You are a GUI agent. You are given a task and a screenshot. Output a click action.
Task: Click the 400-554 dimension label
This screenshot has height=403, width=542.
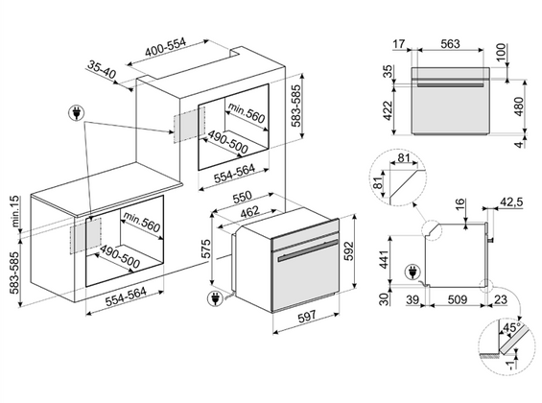pyautogui.click(x=166, y=47)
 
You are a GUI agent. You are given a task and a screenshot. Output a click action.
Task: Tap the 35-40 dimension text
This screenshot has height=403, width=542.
pyautogui.click(x=102, y=69)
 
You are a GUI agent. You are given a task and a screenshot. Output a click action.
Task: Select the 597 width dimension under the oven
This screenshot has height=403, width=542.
pyautogui.click(x=307, y=316)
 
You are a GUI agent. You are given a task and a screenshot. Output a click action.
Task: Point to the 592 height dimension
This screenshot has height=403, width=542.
pyautogui.click(x=349, y=251)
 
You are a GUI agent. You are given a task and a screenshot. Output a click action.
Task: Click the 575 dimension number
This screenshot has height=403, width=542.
pyautogui.click(x=205, y=249)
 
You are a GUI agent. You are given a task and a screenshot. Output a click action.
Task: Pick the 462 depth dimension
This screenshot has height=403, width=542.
pyautogui.click(x=249, y=211)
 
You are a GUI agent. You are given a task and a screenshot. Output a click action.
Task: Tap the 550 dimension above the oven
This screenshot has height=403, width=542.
pyautogui.click(x=243, y=198)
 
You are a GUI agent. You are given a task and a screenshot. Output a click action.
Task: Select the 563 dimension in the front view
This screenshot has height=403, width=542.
pyautogui.click(x=451, y=44)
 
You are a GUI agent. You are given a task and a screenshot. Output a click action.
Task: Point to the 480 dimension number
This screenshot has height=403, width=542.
pyautogui.click(x=519, y=107)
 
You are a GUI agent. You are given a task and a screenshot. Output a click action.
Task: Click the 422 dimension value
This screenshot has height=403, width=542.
pyautogui.click(x=389, y=110)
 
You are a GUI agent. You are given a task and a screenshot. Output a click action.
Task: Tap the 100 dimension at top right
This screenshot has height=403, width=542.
pyautogui.click(x=501, y=52)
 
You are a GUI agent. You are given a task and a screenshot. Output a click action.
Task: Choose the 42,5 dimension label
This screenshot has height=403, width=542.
pyautogui.click(x=511, y=201)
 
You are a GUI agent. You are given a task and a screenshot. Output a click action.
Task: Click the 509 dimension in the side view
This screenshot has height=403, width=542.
pyautogui.click(x=458, y=299)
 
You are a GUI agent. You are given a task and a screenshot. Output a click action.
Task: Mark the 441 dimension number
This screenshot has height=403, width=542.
pyautogui.click(x=384, y=259)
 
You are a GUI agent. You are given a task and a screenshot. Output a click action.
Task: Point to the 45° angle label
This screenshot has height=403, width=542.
pyautogui.click(x=512, y=326)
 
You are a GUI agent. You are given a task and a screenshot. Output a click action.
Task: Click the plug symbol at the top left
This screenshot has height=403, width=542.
pyautogui.click(x=77, y=113)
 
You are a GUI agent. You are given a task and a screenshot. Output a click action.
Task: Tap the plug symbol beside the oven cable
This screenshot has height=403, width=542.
pyautogui.click(x=215, y=298)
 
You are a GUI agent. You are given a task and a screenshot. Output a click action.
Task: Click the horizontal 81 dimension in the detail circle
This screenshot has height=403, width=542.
pyautogui.click(x=404, y=158)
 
